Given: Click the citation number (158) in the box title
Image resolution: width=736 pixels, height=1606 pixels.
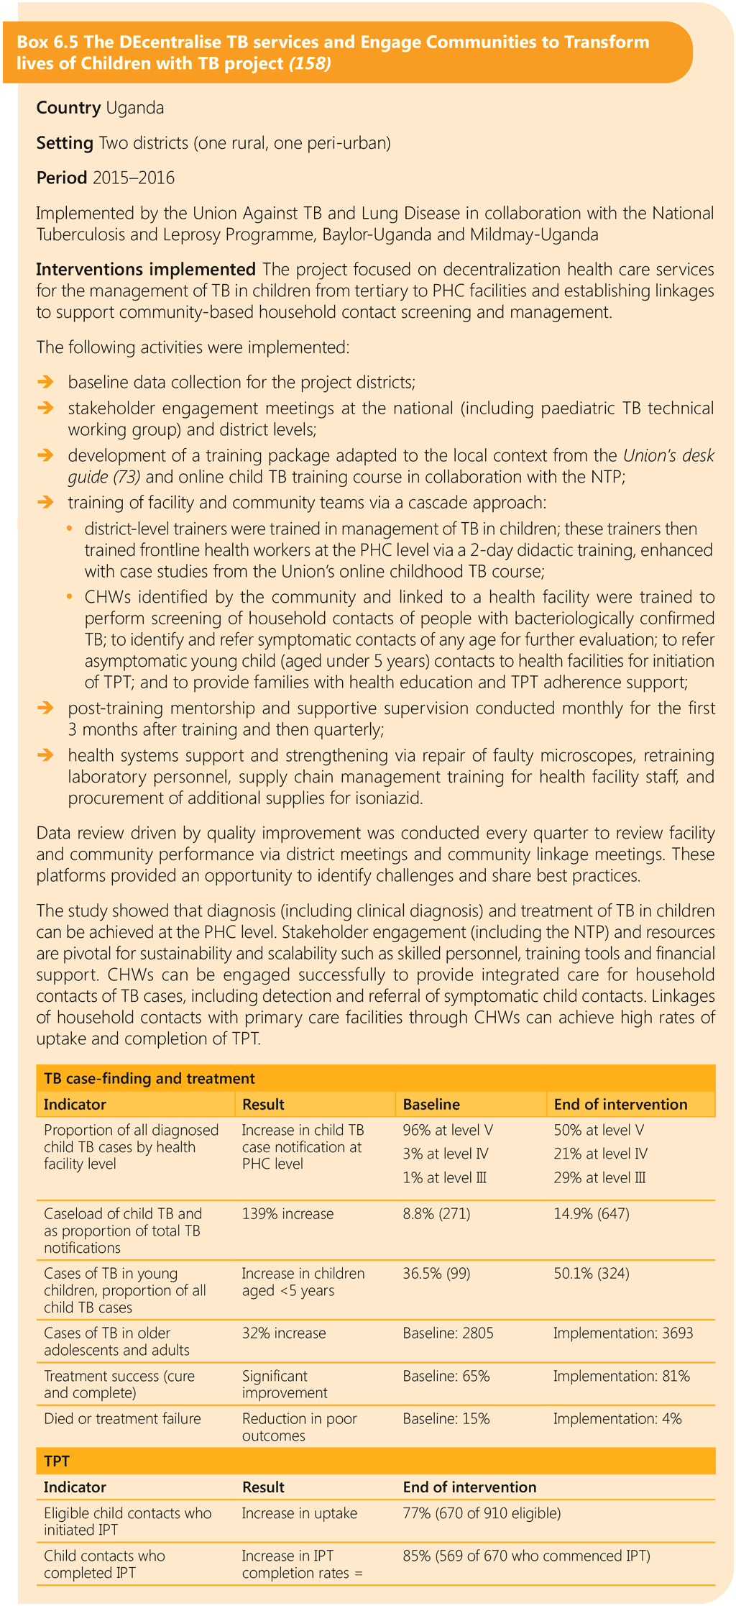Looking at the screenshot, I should [310, 63].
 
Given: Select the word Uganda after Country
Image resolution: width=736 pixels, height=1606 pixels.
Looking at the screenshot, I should [135, 108].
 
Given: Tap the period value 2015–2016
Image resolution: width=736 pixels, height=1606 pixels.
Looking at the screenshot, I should [134, 178].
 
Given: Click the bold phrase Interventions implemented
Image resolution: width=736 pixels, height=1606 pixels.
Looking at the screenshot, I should [146, 270].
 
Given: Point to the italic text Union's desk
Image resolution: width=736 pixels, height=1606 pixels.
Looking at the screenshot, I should [668, 455].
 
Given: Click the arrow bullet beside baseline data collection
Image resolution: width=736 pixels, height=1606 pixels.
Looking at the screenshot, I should [46, 381].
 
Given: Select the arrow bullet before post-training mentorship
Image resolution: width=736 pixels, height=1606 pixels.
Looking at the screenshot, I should [46, 708].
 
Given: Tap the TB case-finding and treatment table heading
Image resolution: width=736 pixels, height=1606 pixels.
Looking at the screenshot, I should [149, 1078].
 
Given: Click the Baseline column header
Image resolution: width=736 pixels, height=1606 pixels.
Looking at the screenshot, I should [431, 1104].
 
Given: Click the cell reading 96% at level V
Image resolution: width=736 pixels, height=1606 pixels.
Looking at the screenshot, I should [448, 1130].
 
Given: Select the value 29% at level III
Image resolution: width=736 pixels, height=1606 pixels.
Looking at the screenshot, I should [599, 1177].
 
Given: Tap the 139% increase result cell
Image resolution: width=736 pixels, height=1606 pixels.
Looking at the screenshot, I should [287, 1214].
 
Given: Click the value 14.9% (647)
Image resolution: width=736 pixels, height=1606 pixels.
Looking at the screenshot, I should [592, 1214].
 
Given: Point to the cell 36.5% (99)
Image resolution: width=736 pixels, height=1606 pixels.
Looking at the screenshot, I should [436, 1274].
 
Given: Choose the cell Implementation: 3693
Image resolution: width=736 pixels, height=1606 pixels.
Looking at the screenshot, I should [623, 1333].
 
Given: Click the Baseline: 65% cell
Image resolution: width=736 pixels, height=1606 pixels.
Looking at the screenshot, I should [446, 1376].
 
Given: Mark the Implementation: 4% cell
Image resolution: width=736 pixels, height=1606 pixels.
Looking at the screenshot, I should [617, 1419].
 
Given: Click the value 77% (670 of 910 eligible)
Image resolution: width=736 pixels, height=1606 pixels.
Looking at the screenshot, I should [482, 1513].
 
